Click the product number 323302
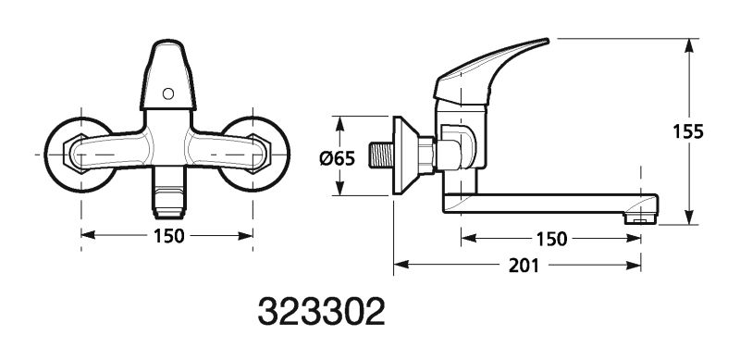pos(321,311)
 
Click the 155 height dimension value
pos(688,131)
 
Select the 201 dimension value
pos(524,266)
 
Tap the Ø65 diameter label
pos(337,158)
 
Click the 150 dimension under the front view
pos(168,236)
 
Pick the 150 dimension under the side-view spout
pos(551,239)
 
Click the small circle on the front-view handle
pos(168,93)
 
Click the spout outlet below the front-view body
pos(168,192)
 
